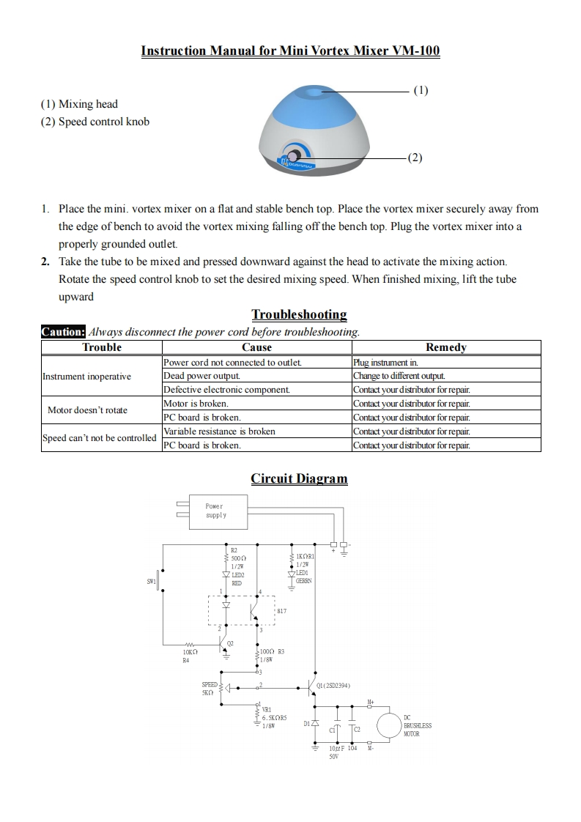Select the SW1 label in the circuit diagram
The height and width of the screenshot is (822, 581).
152,582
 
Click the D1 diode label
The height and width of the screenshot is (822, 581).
307,724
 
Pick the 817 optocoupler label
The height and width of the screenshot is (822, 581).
282,610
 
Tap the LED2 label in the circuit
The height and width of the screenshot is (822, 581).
237,575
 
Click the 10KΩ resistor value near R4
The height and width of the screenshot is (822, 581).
190,651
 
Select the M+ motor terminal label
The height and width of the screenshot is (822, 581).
371,702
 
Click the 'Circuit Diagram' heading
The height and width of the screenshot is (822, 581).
299,478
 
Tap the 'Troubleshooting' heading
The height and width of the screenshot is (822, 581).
299,314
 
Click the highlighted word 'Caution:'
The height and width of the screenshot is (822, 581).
64,332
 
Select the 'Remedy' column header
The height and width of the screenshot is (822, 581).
445,347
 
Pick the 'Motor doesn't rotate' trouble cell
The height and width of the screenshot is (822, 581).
87,410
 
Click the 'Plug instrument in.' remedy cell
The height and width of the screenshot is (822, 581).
385,363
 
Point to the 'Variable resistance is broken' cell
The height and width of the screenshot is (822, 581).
219,432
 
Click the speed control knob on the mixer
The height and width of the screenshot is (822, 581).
293,157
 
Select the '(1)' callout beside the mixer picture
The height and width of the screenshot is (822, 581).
421,90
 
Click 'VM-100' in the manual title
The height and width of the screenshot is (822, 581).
416,51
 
